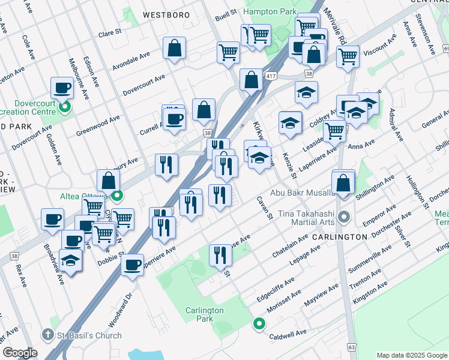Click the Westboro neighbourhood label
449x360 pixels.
(166, 14)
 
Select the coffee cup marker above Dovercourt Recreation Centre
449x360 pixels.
(61, 89)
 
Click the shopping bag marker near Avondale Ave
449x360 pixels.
(174, 49)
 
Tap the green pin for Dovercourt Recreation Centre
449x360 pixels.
(65, 107)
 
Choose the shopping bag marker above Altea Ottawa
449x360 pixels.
(108, 181)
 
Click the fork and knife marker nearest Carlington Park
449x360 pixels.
(220, 255)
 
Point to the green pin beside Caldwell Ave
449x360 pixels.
(259, 324)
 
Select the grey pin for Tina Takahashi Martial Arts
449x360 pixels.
(343, 216)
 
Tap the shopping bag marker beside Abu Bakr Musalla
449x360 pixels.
(343, 184)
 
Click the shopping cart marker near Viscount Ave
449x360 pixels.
(348, 58)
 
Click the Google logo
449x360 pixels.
(20, 353)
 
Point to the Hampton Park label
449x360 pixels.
(269, 12)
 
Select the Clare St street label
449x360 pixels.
(110, 33)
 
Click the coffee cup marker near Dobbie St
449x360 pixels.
(132, 264)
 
